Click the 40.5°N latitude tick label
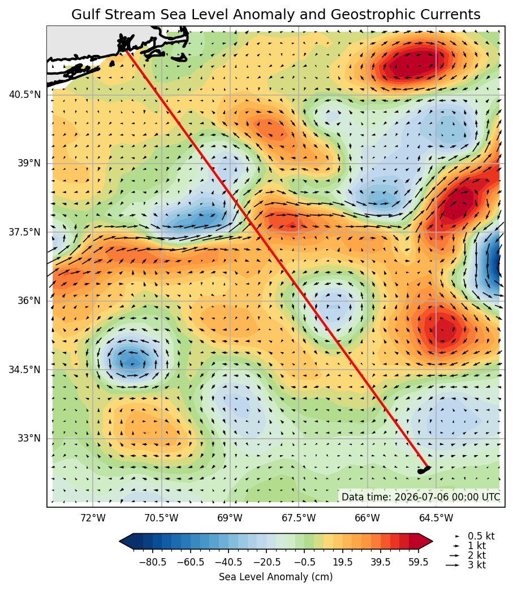pyautogui.click(x=25, y=94)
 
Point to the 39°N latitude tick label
pyautogui.click(x=29, y=163)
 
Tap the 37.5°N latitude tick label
pyautogui.click(x=25, y=232)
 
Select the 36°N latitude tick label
pyautogui.click(x=29, y=301)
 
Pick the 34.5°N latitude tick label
pyautogui.click(x=25, y=369)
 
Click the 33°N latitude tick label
pyautogui.click(x=29, y=438)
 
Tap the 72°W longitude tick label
pyautogui.click(x=93, y=518)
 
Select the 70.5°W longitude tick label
pyautogui.click(x=162, y=518)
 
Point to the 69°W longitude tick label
pyautogui.click(x=230, y=518)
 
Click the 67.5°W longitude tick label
pyautogui.click(x=299, y=518)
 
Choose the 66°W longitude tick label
pyautogui.click(x=368, y=518)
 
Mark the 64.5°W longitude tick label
pyautogui.click(x=436, y=518)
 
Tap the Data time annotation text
pyautogui.click(x=421, y=497)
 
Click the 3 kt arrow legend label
pyautogui.click(x=477, y=565)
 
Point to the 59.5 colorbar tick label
pyautogui.click(x=419, y=562)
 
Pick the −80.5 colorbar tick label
pyautogui.click(x=153, y=562)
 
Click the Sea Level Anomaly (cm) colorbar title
pyautogui.click(x=275, y=577)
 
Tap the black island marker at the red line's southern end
pyautogui.click(x=424, y=470)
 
